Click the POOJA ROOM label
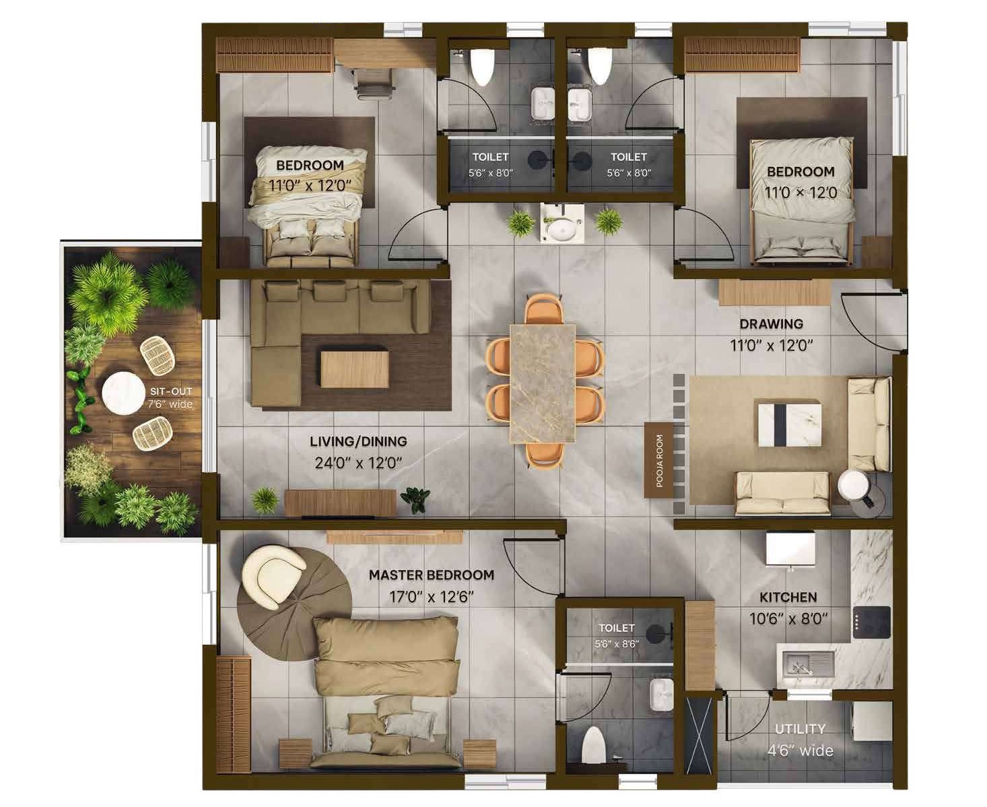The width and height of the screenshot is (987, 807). (659, 460)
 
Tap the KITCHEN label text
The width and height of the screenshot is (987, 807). (788, 598)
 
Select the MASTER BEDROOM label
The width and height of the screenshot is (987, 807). (431, 575)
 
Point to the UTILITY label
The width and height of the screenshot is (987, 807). (800, 729)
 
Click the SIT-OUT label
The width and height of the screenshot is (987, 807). (171, 391)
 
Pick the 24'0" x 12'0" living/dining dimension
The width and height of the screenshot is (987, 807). (358, 463)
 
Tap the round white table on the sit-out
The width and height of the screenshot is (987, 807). (123, 393)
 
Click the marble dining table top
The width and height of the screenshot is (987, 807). (543, 383)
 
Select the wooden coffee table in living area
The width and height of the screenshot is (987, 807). (355, 369)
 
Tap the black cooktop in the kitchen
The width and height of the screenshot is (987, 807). (871, 622)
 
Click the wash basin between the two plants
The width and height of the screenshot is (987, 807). (562, 226)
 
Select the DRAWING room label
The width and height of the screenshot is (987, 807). (771, 323)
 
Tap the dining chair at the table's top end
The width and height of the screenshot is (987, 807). (543, 309)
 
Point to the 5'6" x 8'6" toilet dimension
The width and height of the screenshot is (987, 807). (617, 644)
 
